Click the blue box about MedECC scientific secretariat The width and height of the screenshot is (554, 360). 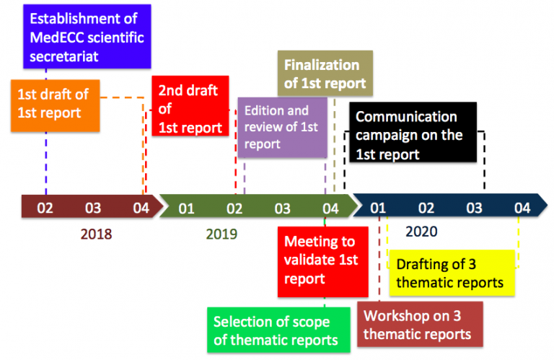87,36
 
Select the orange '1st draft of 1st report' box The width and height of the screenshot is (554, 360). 55,105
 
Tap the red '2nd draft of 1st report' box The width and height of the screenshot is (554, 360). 190,105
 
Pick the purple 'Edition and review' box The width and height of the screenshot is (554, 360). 282,127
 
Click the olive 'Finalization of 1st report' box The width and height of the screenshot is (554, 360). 325,73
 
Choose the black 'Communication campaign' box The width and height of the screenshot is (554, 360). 413,132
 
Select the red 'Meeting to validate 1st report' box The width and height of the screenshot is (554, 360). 323,262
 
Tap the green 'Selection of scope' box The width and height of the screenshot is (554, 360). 278,330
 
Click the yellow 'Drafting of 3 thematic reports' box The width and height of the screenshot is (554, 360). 452,273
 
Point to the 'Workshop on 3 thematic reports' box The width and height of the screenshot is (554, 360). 420,325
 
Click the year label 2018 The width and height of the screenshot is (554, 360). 96,234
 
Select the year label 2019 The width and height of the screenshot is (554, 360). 221,234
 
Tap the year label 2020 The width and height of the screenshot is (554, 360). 421,232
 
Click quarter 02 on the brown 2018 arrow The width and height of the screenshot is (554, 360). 45,208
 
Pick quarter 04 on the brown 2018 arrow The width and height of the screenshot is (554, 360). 141,208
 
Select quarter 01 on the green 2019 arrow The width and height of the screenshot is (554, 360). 186,208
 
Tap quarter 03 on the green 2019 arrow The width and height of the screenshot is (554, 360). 282,208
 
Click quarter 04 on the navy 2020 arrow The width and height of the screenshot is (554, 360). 522,208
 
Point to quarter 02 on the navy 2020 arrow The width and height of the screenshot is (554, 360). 426,208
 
